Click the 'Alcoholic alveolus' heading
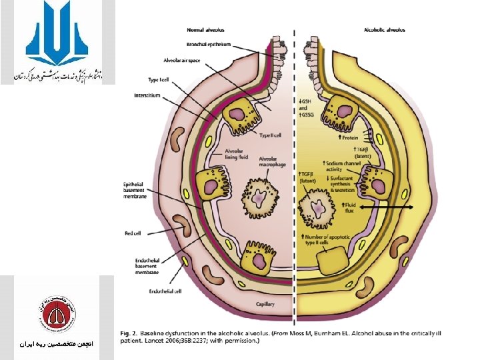click(384, 29)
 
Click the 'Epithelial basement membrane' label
click(139, 190)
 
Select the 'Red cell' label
click(133, 233)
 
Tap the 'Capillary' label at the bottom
click(265, 304)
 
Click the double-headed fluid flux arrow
click(387, 208)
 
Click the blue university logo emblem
click(57, 33)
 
